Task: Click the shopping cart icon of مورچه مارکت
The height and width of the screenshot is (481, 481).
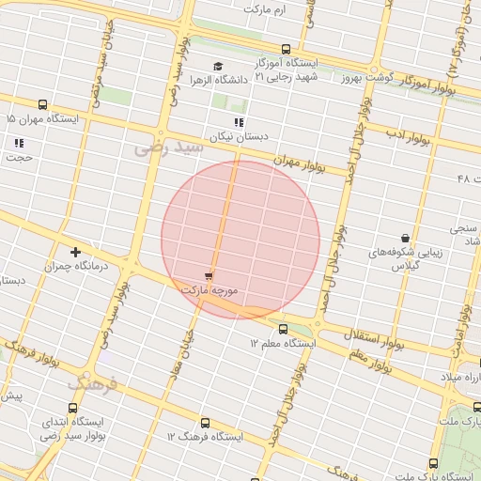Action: coord(208,276)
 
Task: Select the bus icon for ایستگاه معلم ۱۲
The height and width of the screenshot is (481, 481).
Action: coord(283,328)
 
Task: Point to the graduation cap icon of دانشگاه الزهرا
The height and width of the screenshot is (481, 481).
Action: coord(219,66)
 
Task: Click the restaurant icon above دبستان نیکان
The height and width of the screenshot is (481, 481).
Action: coord(240,122)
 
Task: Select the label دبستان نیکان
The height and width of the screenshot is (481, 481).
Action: coord(240,137)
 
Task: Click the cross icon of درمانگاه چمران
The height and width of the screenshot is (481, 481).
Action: coord(75,252)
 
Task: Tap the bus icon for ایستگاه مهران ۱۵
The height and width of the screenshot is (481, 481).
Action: coord(42,105)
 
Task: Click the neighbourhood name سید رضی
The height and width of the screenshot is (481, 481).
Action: coord(168,147)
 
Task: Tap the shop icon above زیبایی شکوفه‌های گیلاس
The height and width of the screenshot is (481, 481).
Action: coord(405,239)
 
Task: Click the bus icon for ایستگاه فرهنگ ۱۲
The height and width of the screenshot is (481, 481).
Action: coord(205,423)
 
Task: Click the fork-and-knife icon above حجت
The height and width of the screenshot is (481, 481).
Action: coord(19,143)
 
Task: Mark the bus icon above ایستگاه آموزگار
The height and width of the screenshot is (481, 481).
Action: coord(286,49)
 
